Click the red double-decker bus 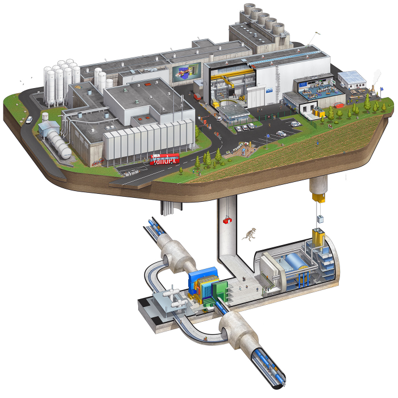point(164,159)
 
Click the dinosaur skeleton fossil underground point(250,233)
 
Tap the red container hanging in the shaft point(227,219)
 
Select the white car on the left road point(28,119)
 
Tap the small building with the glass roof point(351,77)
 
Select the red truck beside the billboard point(197,97)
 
